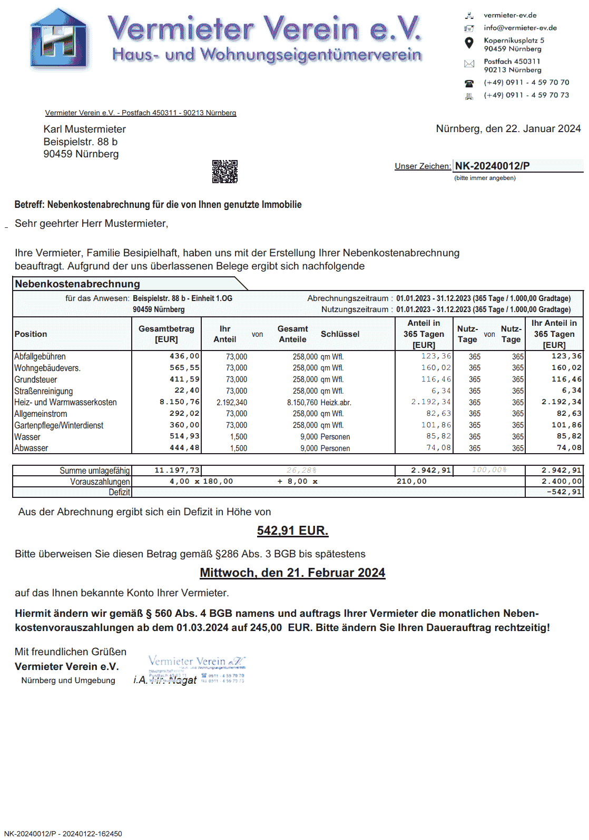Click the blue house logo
(58, 39)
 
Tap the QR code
(225, 172)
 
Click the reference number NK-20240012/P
(492, 166)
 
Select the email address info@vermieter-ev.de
(520, 28)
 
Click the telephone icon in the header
(469, 83)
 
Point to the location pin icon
(469, 43)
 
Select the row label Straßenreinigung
(44, 391)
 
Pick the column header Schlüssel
(340, 334)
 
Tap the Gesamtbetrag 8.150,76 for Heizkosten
(180, 402)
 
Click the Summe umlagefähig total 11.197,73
(177, 471)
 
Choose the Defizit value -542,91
(564, 492)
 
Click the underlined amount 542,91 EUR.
(292, 531)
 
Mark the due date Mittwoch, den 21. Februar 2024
(292, 573)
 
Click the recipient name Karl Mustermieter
(85, 129)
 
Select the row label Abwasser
(31, 448)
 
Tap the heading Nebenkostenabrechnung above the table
(77, 284)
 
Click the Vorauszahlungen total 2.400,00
(562, 482)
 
